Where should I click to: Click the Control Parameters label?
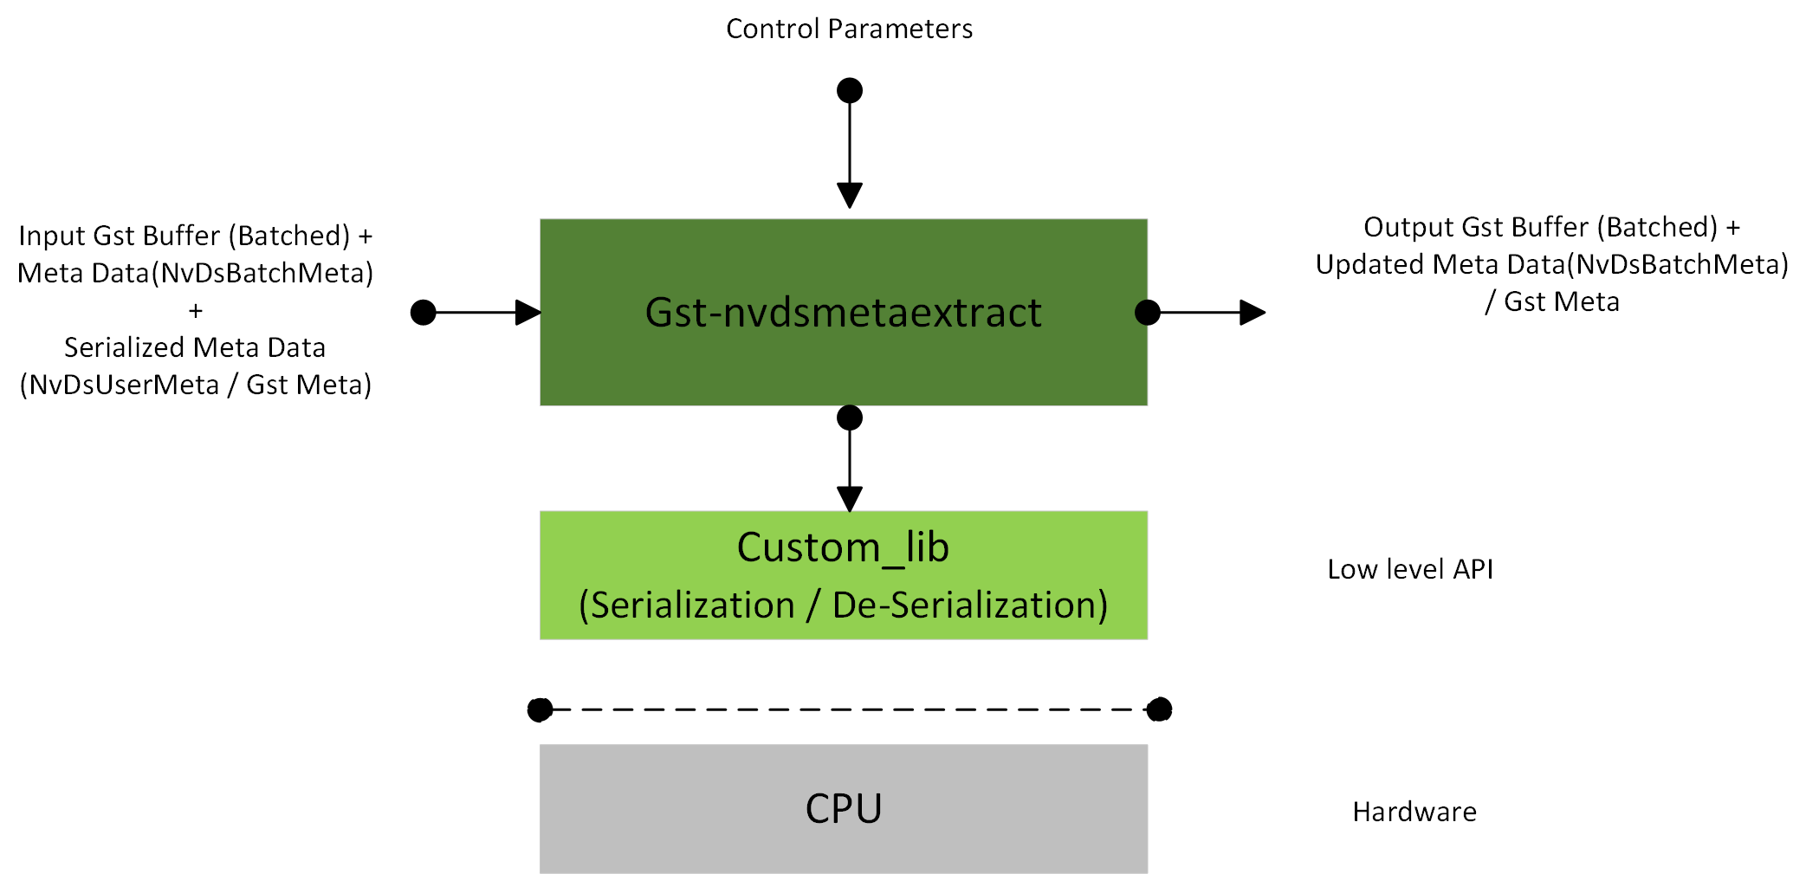(849, 29)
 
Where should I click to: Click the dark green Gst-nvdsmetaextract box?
(843, 313)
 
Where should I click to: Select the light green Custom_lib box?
(843, 575)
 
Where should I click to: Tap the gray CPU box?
(843, 808)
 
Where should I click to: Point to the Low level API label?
(1409, 569)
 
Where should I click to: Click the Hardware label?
(1414, 812)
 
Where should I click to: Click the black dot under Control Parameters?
(850, 90)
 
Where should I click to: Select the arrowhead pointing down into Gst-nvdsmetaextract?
(850, 196)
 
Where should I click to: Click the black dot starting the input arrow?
(423, 313)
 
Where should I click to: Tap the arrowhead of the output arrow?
(1253, 313)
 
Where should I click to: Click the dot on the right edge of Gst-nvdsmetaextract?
(1148, 313)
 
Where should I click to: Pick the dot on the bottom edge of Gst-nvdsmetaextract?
(850, 418)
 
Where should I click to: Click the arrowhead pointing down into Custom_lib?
(850, 499)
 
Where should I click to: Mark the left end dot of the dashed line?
(540, 710)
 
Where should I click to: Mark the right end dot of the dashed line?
(1159, 710)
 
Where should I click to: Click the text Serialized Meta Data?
(195, 347)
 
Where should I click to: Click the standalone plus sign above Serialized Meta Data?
(196, 310)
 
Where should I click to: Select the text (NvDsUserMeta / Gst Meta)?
(196, 385)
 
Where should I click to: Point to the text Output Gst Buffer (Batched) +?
(1551, 227)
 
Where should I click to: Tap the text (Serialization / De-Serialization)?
(843, 605)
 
